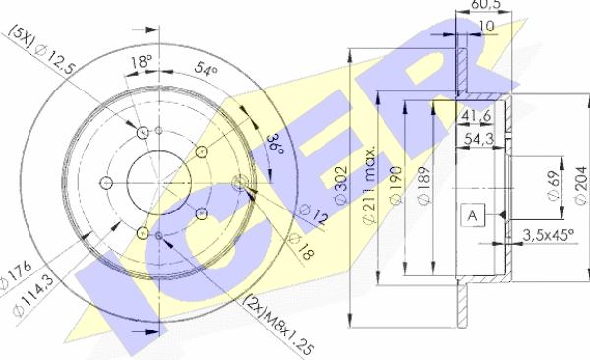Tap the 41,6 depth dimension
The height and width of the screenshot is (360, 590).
point(478,116)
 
